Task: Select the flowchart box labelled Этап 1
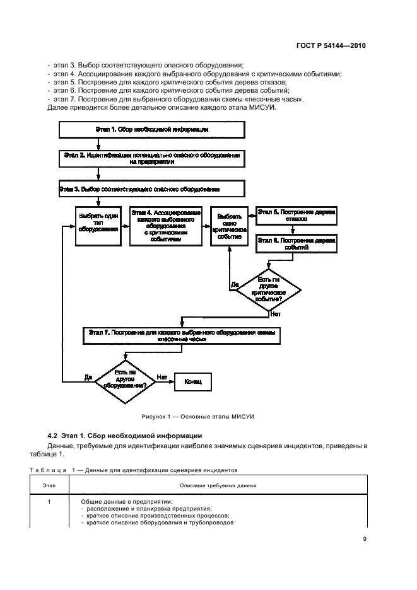[152, 130]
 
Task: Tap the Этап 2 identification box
[152, 158]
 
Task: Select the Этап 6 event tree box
[295, 245]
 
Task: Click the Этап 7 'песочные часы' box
[182, 335]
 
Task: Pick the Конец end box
[192, 381]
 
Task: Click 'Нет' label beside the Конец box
[162, 376]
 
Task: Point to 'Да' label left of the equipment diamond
[88, 377]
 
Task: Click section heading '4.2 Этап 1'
[125, 435]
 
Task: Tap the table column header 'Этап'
[49, 485]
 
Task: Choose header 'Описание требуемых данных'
[218, 485]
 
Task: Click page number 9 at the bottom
[365, 538]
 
